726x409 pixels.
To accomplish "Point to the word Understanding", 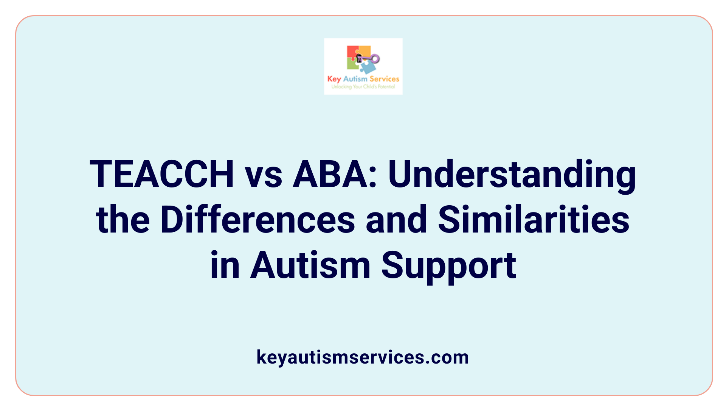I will tap(512, 175).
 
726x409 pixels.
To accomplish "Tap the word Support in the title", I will tap(448, 266).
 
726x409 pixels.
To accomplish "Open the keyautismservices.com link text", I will tap(363, 357).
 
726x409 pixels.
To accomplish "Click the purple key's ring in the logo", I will tap(375, 59).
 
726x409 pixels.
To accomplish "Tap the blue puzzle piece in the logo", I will tap(368, 67).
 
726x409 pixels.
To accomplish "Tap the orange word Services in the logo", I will tap(384, 79).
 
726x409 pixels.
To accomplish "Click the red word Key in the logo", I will tap(334, 79).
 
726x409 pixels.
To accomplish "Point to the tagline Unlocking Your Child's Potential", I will tap(363, 87).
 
